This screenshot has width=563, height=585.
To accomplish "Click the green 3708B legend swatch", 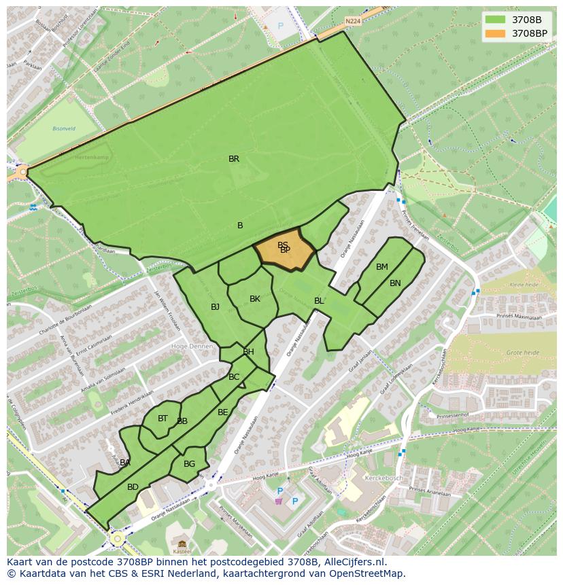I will [496, 19].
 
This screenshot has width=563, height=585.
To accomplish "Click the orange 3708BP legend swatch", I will [496, 33].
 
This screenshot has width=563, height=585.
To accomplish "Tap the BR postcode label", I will [234, 159].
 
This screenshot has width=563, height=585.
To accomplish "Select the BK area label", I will [255, 299].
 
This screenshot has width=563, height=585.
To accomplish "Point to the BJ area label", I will [215, 307].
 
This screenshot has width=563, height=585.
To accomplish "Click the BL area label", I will [319, 301].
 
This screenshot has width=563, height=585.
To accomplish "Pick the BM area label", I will [382, 267].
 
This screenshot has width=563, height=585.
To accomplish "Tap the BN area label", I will [395, 283].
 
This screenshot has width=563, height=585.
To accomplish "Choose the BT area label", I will [163, 419].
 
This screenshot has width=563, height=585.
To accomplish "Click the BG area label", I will [189, 464].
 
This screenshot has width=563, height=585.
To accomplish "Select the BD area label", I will [133, 487].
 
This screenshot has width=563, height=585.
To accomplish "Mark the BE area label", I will [223, 412].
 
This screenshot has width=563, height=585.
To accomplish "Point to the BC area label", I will [234, 377].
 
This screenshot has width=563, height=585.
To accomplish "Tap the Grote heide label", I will [522, 353].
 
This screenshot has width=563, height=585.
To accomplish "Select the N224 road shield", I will [352, 21].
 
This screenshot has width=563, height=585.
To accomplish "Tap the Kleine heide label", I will [524, 285].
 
